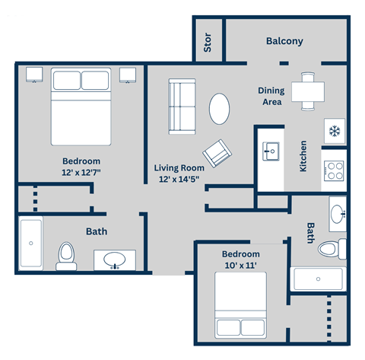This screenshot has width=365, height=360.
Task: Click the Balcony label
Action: (285, 41)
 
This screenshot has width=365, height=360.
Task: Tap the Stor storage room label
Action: (208, 44)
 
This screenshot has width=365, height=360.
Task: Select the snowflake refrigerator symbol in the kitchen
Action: (334, 130)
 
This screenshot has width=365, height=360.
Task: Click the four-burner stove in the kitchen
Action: (334, 170)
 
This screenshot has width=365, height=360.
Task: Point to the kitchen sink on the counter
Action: (269, 151)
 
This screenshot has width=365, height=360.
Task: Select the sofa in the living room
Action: (182, 99)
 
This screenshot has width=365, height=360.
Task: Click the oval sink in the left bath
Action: (115, 260)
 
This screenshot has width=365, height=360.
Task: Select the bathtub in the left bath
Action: (30, 244)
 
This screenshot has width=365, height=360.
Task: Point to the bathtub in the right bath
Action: (319, 279)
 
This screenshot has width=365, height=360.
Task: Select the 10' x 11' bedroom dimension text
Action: (240, 266)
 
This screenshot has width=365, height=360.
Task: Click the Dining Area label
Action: (270, 96)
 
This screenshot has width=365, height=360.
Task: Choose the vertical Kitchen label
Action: (303, 155)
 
